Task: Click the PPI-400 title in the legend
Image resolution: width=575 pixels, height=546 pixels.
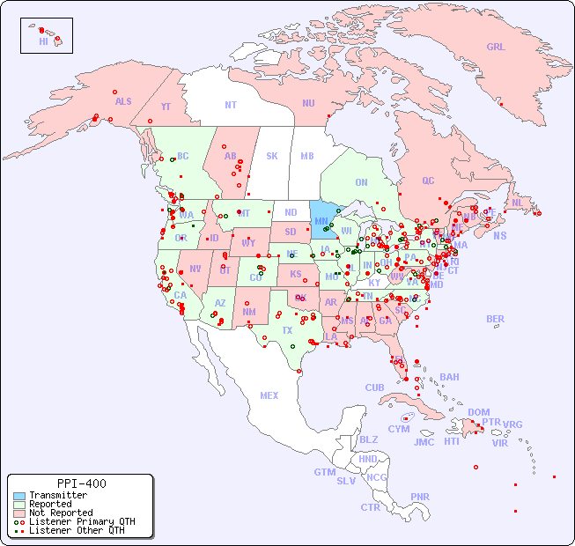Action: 81,483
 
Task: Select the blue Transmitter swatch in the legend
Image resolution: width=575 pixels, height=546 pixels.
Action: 19,496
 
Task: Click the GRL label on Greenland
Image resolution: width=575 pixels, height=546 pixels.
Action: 496,48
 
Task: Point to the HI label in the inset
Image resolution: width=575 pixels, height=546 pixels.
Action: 43,41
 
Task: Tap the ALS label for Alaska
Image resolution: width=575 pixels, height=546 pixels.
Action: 123,101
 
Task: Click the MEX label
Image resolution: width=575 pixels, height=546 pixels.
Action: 269,395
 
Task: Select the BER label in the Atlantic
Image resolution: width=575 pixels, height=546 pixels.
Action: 496,319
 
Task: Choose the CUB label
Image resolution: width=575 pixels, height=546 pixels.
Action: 374,387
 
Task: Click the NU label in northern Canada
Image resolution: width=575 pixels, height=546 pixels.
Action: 308,103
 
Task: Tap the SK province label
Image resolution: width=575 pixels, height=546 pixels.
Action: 271,156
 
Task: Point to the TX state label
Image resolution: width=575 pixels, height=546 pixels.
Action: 287,330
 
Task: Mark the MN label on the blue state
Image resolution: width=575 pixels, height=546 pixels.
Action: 321,221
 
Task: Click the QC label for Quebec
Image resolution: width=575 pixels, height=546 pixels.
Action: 428,181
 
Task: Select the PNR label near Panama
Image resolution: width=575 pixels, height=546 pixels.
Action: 420,497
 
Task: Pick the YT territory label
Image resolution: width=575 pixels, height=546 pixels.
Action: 166,107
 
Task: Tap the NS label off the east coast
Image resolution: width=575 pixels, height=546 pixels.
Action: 499,236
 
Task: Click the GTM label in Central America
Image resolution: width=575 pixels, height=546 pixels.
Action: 324,472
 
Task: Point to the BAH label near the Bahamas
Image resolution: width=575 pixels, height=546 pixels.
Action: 449,377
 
